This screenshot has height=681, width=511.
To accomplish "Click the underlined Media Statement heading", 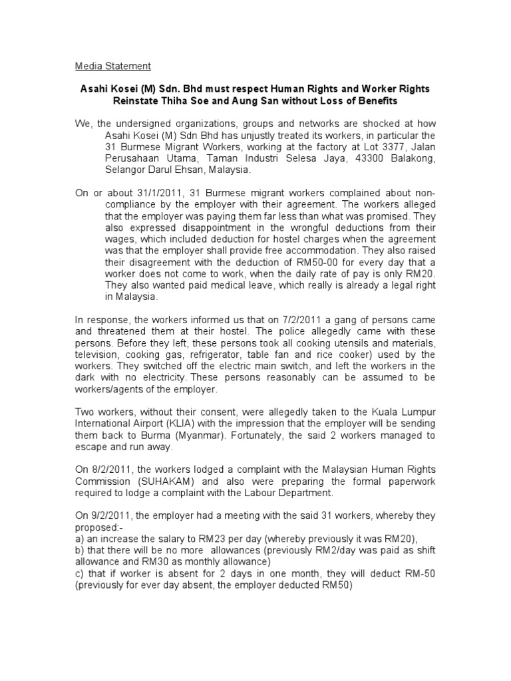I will pos(112,66).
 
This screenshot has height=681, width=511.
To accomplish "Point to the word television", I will pos(98,355).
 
